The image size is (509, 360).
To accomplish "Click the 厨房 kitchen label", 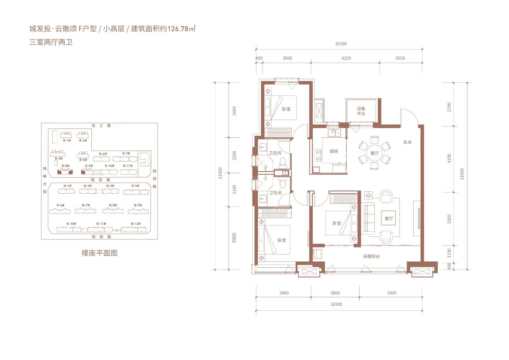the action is point(334,151).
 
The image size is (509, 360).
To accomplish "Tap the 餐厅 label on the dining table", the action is point(374,153).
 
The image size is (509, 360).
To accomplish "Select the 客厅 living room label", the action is point(389,218).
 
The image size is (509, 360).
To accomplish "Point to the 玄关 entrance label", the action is point(407,142).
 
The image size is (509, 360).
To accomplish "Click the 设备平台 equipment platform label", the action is point(361,111).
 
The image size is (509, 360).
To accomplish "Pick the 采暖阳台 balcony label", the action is point(371,256).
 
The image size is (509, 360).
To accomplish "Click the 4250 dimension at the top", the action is point(346,58).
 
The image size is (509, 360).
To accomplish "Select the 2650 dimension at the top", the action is point(400,58).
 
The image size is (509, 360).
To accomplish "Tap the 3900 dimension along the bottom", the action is point(392,293).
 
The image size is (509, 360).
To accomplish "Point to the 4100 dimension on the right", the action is point(449,158).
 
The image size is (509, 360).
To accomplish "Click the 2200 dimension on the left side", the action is point(234,156).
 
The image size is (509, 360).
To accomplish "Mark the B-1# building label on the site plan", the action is point(67,140).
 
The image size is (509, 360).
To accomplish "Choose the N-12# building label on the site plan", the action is point(135,224).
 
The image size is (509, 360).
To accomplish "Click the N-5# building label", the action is point(135,186).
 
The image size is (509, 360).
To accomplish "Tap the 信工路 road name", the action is point(101,126).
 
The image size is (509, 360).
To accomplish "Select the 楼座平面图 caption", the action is point(99,253).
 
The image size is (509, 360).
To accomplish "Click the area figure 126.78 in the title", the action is point(178,29).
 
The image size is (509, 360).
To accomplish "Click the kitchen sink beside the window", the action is point(334,132).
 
